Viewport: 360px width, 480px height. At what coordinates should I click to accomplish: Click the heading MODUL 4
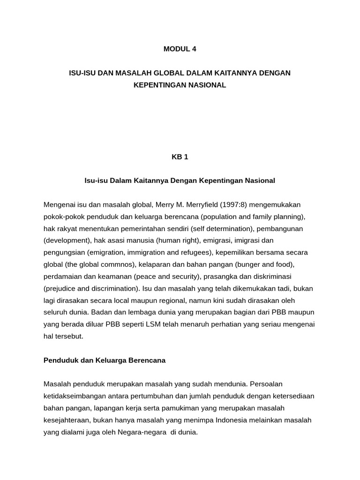180,48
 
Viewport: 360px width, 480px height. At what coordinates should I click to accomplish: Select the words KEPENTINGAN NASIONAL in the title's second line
180,85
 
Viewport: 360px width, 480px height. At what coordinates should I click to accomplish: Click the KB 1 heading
180,157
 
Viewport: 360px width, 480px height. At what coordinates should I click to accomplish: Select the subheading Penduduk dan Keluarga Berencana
105,360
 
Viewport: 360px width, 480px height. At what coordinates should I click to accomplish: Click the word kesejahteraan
67,420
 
